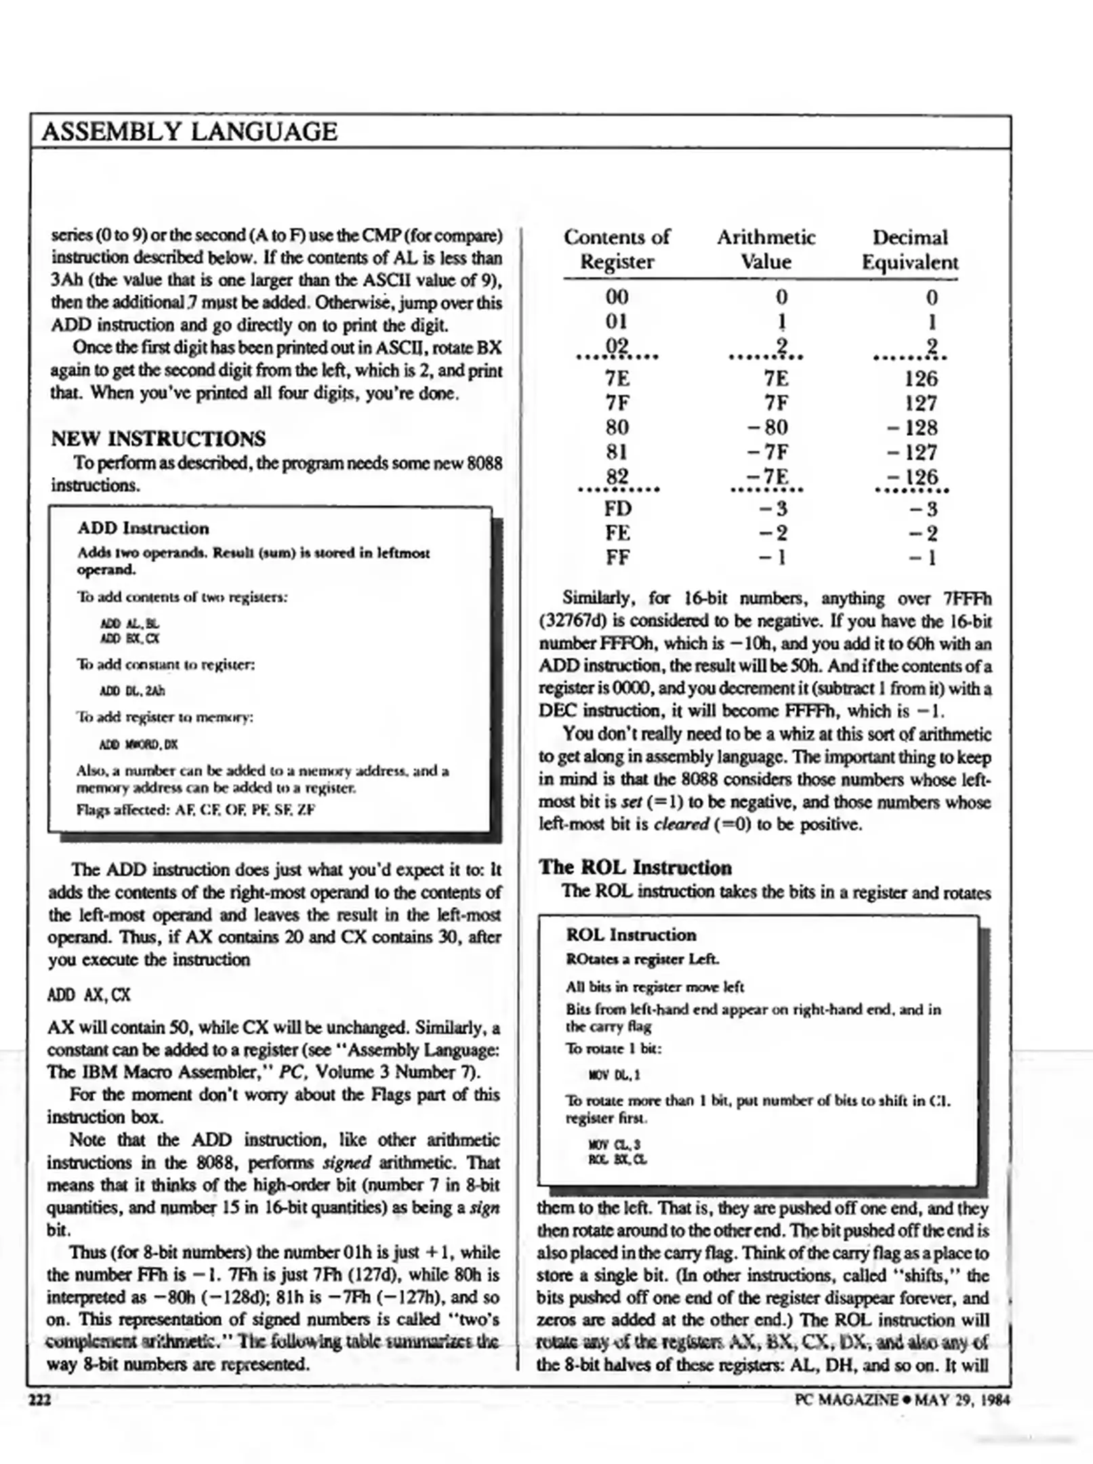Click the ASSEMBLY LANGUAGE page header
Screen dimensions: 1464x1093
point(190,131)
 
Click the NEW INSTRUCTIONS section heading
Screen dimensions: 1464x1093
point(159,439)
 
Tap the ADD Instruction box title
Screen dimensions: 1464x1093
point(143,528)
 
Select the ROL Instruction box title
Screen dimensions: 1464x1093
point(631,935)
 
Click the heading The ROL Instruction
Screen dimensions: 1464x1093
point(635,868)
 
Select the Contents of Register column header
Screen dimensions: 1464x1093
point(617,249)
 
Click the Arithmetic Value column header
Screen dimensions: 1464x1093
point(766,249)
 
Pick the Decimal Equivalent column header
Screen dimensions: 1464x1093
point(909,249)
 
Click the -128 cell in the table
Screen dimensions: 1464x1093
point(912,428)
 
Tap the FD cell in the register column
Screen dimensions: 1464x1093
point(617,508)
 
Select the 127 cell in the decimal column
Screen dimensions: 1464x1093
point(921,403)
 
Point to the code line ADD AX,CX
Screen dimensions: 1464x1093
point(89,995)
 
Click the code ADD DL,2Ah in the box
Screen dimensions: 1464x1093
point(132,691)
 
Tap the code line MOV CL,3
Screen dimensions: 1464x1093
point(615,1145)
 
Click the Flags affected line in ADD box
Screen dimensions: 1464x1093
point(196,810)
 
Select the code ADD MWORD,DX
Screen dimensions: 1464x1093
point(138,744)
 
